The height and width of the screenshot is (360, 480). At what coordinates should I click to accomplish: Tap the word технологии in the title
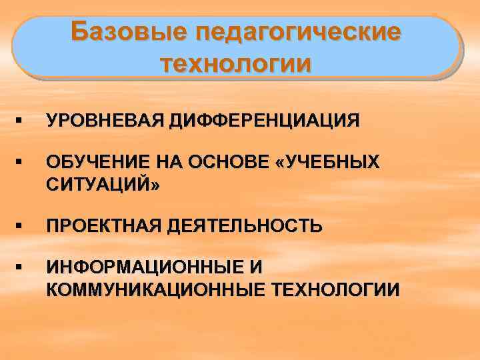(x=236, y=64)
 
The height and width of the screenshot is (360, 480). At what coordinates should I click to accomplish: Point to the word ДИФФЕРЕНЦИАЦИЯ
(x=263, y=121)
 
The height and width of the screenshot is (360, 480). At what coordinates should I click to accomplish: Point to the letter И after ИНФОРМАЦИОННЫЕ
(x=257, y=267)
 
